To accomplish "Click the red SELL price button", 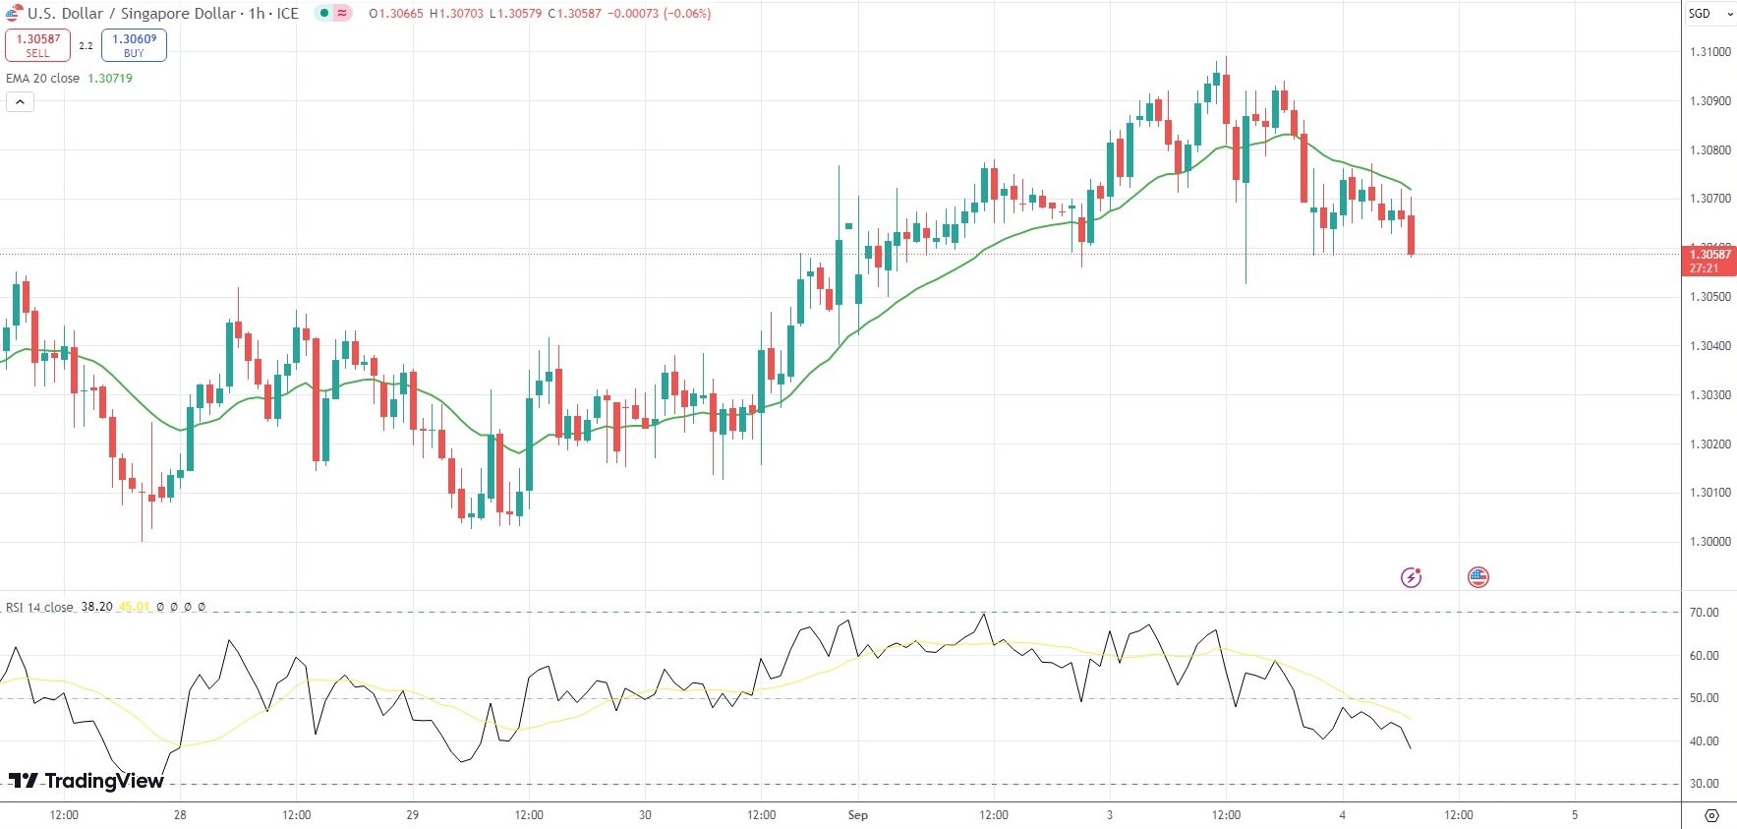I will pyautogui.click(x=37, y=45).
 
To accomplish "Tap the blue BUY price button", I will pyautogui.click(x=134, y=45).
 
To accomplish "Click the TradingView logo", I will pyautogui.click(x=87, y=781).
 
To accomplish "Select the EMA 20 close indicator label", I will pyautogui.click(x=43, y=79).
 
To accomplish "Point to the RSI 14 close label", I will pyautogui.click(x=39, y=607).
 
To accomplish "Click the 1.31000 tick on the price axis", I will pyautogui.click(x=1709, y=52).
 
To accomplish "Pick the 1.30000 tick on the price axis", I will pyautogui.click(x=1709, y=542).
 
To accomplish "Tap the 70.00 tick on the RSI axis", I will pyautogui.click(x=1704, y=613).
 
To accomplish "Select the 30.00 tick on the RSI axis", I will pyautogui.click(x=1704, y=784).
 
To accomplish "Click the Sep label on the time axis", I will pyautogui.click(x=857, y=815).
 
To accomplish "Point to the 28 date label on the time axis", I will pyautogui.click(x=180, y=815).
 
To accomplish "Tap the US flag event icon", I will pyautogui.click(x=1477, y=577).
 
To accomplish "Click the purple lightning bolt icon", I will pyautogui.click(x=1411, y=577).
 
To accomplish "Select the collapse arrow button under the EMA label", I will pyautogui.click(x=20, y=101).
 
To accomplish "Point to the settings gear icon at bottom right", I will pyautogui.click(x=1711, y=815).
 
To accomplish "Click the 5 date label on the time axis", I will pyautogui.click(x=1574, y=815).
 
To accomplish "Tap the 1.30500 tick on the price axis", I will pyautogui.click(x=1709, y=297).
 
